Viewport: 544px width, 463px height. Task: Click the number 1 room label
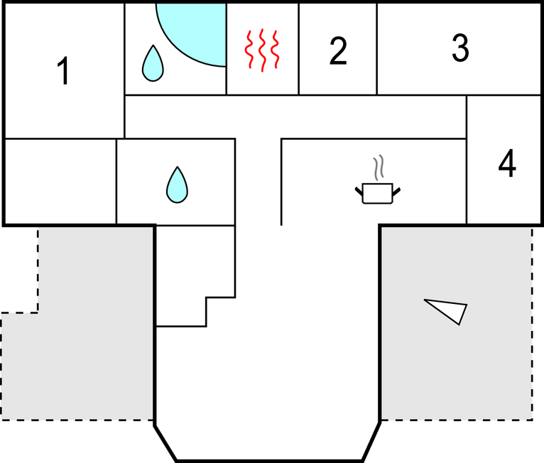click(x=63, y=71)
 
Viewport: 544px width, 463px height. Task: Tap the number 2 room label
click(x=338, y=51)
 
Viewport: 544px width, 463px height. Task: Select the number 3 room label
click(x=460, y=48)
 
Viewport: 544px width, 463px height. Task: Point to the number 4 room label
click(x=507, y=163)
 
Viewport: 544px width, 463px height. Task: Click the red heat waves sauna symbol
click(x=262, y=50)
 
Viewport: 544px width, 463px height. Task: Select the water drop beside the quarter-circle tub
click(x=153, y=63)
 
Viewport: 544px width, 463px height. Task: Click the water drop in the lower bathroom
click(x=177, y=185)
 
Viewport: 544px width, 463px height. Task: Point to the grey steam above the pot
click(x=379, y=168)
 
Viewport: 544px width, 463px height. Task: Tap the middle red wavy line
click(x=262, y=50)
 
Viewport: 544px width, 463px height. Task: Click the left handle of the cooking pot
click(x=359, y=191)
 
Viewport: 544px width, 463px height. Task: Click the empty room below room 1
click(x=60, y=182)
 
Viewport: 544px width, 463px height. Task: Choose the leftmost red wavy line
click(x=249, y=49)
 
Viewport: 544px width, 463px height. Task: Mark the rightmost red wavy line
click(x=275, y=49)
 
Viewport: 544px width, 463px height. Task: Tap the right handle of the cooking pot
click(x=396, y=192)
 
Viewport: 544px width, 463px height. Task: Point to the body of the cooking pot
click(x=378, y=194)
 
